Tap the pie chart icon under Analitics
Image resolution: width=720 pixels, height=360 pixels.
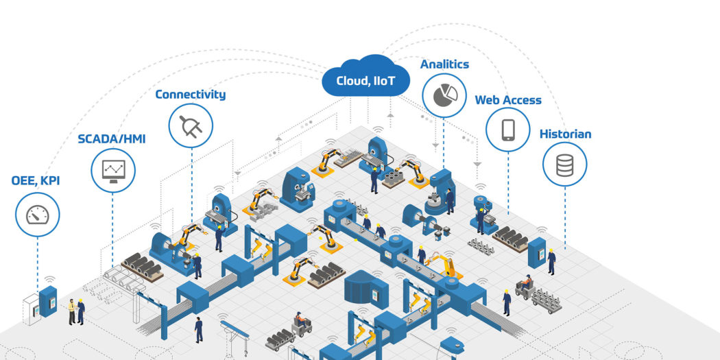pyautogui.click(x=444, y=96)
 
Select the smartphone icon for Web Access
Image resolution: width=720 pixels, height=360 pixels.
pyautogui.click(x=507, y=129)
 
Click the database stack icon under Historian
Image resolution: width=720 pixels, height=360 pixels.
pyautogui.click(x=564, y=165)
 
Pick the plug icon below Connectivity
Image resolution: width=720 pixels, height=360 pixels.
pyautogui.click(x=190, y=125)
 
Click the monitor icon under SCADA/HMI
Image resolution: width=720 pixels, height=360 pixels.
pyautogui.click(x=112, y=169)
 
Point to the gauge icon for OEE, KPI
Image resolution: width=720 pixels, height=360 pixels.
pyautogui.click(x=37, y=213)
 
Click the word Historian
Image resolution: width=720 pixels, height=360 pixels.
pyautogui.click(x=565, y=134)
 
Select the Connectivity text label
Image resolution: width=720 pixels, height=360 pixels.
pyautogui.click(x=190, y=95)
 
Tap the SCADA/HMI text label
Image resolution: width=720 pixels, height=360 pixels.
pyautogui.click(x=112, y=139)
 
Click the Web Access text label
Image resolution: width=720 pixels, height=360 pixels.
pyautogui.click(x=507, y=100)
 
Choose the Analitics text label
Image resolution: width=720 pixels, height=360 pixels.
pyautogui.click(x=444, y=64)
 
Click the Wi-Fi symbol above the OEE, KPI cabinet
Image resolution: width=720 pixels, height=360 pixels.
pyautogui.click(x=49, y=280)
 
